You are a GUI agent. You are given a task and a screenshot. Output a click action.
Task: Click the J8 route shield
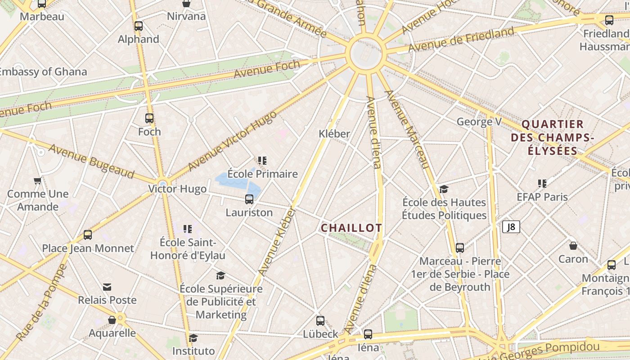511,227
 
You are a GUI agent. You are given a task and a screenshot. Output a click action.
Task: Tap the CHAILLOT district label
351,228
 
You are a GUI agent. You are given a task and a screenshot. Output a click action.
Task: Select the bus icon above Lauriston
249,199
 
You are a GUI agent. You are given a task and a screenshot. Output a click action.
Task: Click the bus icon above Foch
149,118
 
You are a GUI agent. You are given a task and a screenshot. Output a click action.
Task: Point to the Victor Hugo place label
178,189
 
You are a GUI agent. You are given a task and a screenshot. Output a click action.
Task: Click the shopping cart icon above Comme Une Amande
38,181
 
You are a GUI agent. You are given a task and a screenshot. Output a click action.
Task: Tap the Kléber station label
334,134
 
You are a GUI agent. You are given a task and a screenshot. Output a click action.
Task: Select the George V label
479,121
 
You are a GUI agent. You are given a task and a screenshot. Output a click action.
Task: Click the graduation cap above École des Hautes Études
444,189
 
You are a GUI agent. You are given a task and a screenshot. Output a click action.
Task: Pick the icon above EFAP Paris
542,184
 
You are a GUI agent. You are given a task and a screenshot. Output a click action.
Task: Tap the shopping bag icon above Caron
573,246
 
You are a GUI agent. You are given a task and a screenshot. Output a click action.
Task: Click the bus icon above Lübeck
320,321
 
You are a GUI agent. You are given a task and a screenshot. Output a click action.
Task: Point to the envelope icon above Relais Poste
107,287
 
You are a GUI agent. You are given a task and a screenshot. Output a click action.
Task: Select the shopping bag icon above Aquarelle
112,320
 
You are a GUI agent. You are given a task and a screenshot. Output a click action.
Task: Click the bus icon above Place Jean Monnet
88,235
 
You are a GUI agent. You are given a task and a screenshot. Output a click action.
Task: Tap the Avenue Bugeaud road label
91,161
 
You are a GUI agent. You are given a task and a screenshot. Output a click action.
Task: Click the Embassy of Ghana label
43,72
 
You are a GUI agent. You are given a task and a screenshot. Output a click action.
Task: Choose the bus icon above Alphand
139,26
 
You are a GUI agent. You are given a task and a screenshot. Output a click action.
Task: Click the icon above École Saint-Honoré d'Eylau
188,229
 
